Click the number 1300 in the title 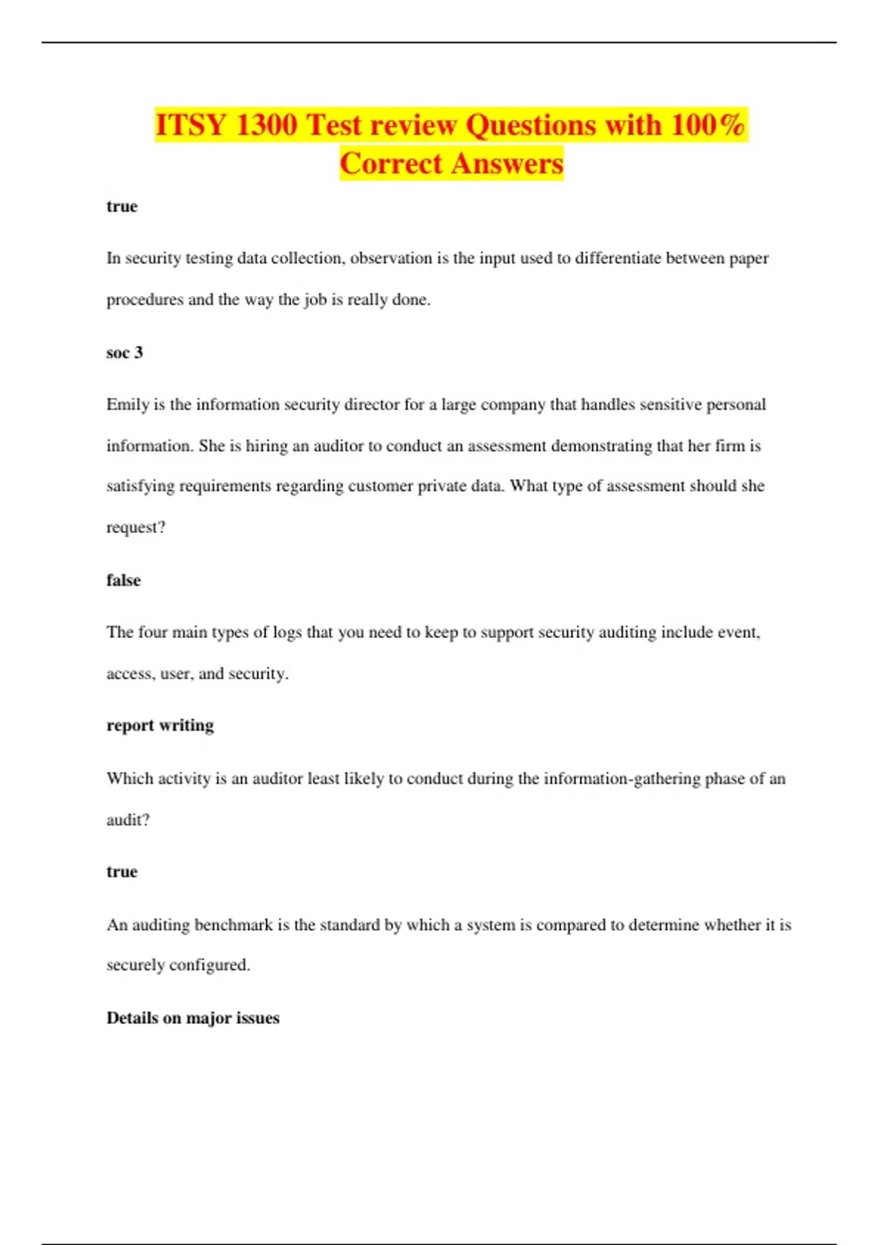pos(267,124)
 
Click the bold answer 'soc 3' pos(125,352)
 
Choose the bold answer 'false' pos(123,580)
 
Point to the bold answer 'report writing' pos(160,725)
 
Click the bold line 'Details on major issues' pos(193,1017)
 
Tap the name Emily pos(127,404)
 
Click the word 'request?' pos(136,527)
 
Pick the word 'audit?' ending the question pos(127,820)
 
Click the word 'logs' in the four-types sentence pos(287,632)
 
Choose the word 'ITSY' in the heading pos(190,124)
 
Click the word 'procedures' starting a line pos(144,300)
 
